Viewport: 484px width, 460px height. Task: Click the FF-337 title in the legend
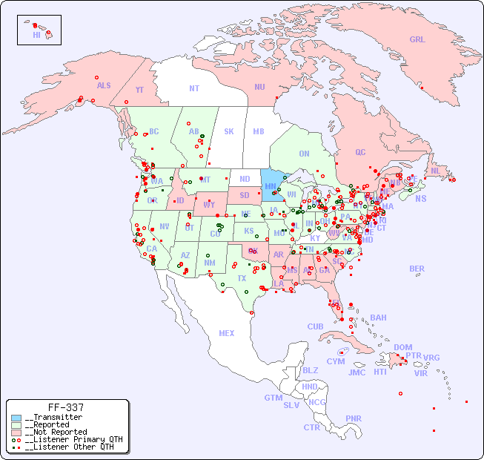[66, 407]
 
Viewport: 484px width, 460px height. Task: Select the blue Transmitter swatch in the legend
[16, 418]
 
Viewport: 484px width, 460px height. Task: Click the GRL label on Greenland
[417, 40]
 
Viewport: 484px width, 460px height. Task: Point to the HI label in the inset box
[36, 34]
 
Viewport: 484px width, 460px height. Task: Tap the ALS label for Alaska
[104, 85]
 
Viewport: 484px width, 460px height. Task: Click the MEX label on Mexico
[226, 333]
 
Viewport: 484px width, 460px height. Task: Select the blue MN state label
[271, 186]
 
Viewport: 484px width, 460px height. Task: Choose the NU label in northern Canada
[259, 87]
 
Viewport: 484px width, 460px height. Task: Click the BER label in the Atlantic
[417, 269]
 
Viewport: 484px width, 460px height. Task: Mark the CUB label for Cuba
[315, 326]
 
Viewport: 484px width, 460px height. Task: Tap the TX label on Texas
[242, 278]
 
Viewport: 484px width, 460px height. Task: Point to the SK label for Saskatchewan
[229, 131]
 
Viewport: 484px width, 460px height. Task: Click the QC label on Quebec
[360, 152]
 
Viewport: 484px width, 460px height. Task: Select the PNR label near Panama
[354, 418]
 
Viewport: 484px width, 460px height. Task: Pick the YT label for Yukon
[139, 89]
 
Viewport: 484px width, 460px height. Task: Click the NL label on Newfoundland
[435, 170]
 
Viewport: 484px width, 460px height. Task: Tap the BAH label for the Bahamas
[378, 318]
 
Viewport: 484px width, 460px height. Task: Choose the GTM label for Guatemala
[273, 398]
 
